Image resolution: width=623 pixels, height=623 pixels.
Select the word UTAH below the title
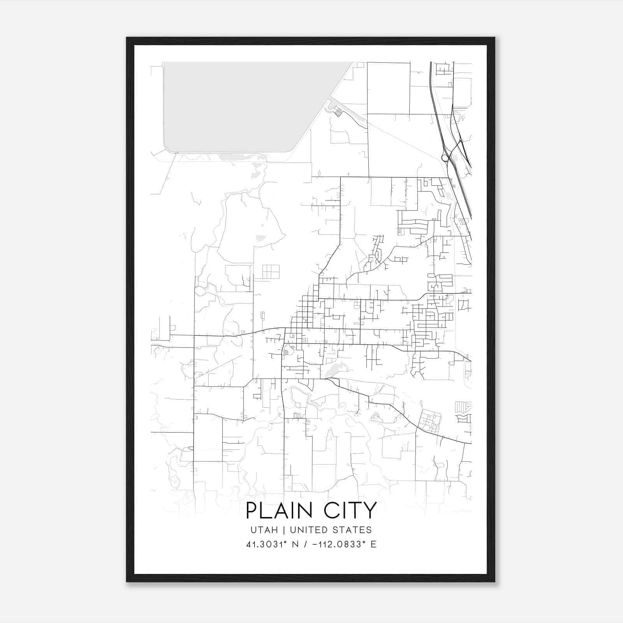(x=264, y=530)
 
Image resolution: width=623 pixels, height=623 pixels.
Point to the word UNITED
(x=307, y=530)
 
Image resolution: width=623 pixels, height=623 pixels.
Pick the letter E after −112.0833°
(x=373, y=544)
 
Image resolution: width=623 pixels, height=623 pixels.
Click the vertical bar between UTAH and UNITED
(x=285, y=530)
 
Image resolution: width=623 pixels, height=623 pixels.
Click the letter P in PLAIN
(x=252, y=510)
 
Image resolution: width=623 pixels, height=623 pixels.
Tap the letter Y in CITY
(x=371, y=510)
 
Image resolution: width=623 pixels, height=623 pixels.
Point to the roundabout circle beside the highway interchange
(x=445, y=158)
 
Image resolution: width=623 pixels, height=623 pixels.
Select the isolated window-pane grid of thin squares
(x=271, y=271)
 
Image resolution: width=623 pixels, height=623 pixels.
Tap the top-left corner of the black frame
(x=127, y=38)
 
